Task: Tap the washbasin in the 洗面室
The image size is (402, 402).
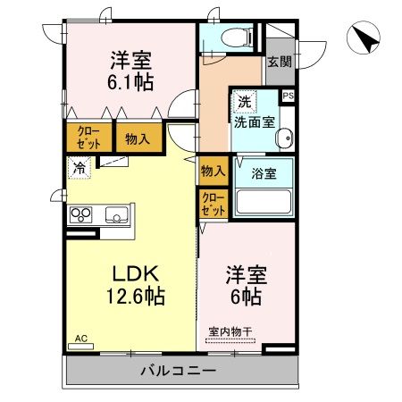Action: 284,138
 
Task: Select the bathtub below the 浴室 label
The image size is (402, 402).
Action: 263,201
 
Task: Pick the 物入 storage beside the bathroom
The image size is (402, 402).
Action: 212,171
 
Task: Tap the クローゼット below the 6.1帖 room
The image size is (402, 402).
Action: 88,138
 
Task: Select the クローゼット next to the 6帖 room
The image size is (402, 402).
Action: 212,203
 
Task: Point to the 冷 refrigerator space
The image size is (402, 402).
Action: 80,166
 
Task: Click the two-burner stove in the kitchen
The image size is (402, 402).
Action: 81,214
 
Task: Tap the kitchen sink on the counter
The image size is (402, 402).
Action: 117,214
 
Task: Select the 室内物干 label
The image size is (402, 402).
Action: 230,332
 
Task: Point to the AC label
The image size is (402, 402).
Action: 81,339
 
